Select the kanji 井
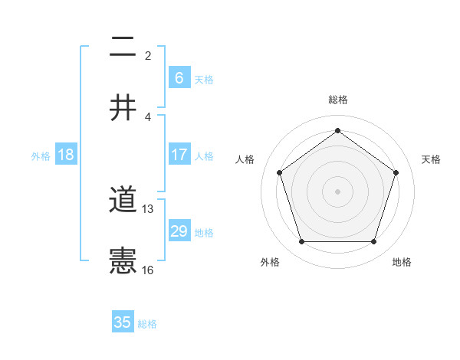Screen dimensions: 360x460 point(123,108)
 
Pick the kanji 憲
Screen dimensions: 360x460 point(123,261)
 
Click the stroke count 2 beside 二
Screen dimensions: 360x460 point(148,56)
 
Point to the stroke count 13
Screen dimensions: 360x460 point(148,209)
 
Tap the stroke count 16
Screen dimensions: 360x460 point(148,270)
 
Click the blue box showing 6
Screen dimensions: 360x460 point(179,77)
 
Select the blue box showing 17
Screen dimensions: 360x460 point(179,155)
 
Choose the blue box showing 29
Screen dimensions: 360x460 point(179,231)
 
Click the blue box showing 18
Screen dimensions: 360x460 point(66,155)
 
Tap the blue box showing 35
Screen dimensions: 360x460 point(123,322)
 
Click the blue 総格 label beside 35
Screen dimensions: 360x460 point(147,324)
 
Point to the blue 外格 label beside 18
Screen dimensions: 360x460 point(41,156)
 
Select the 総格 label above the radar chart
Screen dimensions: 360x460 point(337,100)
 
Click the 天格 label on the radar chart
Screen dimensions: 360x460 point(432,159)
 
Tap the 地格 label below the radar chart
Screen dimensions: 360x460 point(402,263)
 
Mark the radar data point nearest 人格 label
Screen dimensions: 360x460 point(279,172)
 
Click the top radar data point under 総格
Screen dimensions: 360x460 point(337,130)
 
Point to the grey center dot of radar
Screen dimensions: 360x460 point(337,191)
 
